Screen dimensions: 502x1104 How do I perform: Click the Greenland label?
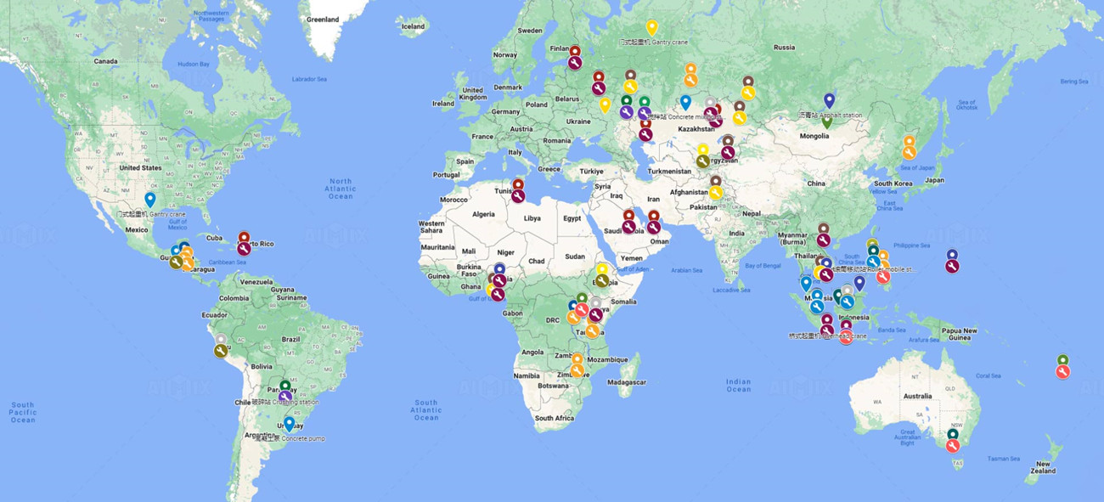323,20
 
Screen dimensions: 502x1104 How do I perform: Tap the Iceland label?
413,26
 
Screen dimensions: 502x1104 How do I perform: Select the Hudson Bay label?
193,64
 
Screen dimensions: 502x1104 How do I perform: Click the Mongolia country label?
814,136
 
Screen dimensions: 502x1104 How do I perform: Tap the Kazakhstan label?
697,128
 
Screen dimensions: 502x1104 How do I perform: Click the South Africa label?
555,418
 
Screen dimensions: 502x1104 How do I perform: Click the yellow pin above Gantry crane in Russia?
652,26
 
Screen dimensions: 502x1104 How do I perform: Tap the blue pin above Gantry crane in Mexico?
150,200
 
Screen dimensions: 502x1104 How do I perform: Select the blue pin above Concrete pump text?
290,423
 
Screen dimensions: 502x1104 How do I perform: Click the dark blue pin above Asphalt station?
830,99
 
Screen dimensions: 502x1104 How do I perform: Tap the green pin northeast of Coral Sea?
1062,360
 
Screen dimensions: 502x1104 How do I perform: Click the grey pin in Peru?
221,340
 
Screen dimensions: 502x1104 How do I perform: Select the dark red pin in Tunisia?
517,184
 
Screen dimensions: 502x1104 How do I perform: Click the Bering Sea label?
1073,82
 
